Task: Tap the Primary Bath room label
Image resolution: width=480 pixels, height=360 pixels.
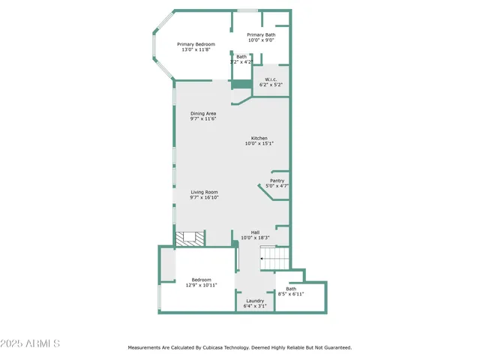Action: click(x=261, y=34)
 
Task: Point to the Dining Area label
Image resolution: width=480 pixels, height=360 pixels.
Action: click(x=202, y=113)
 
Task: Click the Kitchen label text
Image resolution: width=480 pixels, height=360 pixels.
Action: click(x=259, y=138)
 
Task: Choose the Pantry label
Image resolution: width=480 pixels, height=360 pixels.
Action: click(x=277, y=181)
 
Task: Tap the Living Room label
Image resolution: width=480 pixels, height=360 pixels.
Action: click(x=203, y=192)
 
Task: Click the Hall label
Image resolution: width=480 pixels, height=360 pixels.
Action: click(x=255, y=232)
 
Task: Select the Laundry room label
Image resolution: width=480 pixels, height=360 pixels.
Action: click(x=254, y=301)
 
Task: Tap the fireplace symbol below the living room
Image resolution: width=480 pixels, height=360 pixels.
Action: click(x=189, y=238)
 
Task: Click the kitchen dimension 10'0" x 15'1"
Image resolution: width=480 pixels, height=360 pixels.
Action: click(x=259, y=144)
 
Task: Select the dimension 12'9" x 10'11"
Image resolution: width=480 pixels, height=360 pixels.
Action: click(x=201, y=285)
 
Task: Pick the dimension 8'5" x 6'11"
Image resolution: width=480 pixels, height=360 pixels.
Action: click(x=291, y=294)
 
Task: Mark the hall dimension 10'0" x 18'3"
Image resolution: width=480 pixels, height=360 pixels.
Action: click(x=255, y=238)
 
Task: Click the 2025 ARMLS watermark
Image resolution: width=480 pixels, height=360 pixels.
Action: click(x=31, y=343)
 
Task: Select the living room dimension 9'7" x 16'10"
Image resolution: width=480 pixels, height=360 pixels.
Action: click(x=203, y=198)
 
